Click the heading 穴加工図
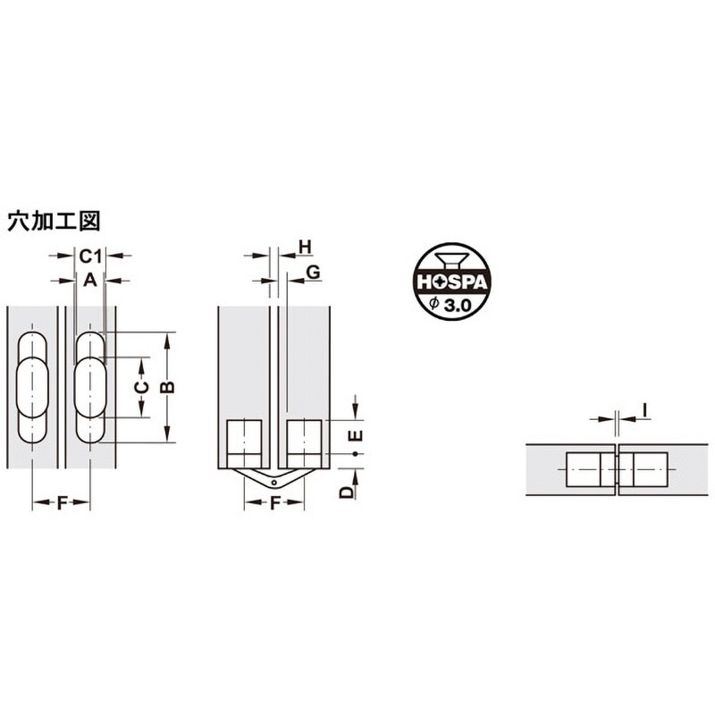click(54, 221)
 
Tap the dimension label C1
click(90, 257)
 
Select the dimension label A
click(90, 280)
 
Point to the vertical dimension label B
click(168, 387)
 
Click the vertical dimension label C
click(143, 387)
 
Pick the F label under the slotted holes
click(62, 503)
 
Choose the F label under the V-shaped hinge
click(274, 503)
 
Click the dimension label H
click(305, 248)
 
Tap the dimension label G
click(313, 273)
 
